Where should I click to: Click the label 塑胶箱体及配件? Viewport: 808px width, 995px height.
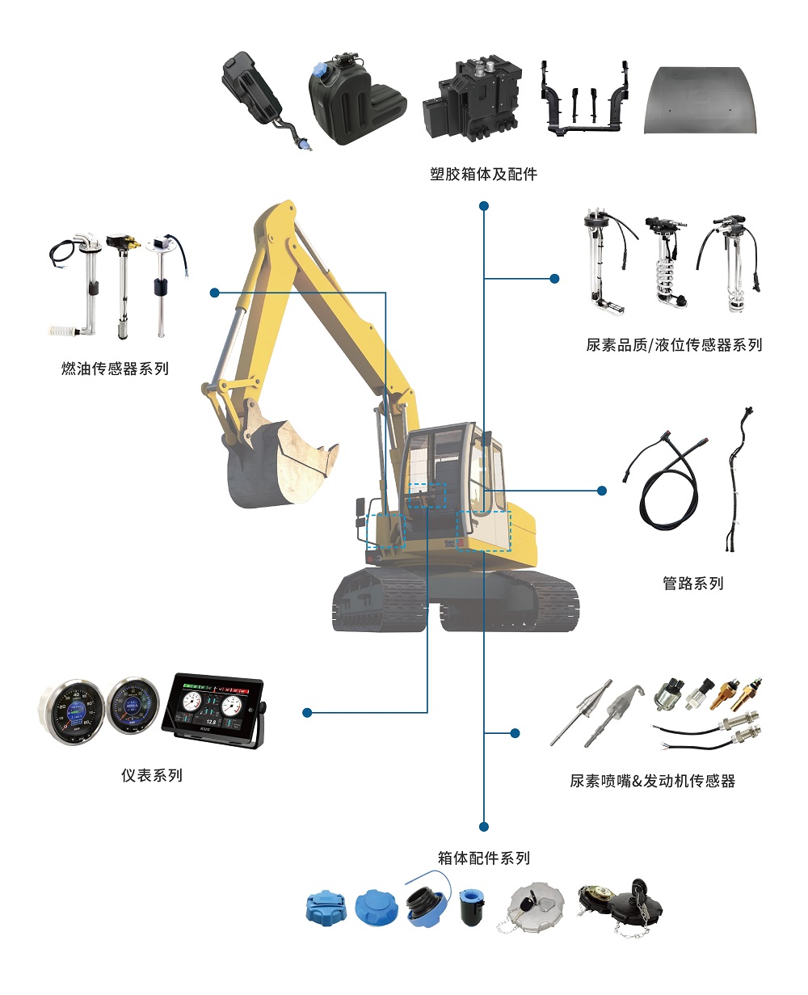point(483,174)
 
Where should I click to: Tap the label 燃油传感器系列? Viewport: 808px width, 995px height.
point(115,369)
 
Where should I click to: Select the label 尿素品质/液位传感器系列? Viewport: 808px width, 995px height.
point(674,345)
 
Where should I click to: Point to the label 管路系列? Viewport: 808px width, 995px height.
point(693,583)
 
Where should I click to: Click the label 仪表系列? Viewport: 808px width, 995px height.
point(152,775)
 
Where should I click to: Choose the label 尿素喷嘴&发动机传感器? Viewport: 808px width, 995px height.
point(653,781)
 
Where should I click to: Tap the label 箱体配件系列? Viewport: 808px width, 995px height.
point(484,858)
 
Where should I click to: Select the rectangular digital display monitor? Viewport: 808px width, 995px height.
point(213,710)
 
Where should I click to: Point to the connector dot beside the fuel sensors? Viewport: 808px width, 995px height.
point(214,293)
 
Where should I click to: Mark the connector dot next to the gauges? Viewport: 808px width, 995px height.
point(307,712)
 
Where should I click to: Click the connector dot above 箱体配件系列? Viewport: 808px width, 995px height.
point(484,827)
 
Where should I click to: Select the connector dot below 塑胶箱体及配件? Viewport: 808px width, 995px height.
point(484,205)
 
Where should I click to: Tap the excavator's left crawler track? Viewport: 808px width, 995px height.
point(379,601)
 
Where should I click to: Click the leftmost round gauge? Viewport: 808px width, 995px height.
point(71,711)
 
